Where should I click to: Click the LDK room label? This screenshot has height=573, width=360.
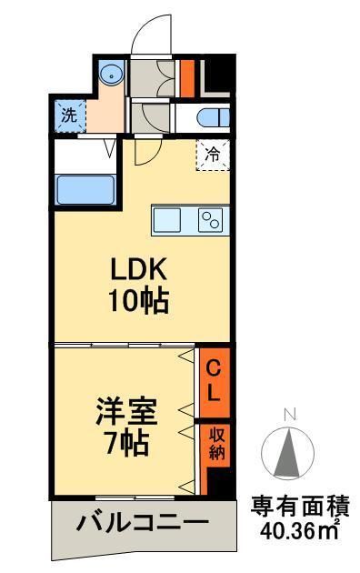coord(139,270)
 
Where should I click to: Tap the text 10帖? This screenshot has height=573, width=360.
coord(139,301)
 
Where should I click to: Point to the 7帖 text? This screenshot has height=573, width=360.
coord(125,445)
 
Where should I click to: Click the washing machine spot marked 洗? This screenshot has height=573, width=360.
coord(68,115)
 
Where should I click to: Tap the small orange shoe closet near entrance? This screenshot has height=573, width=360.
coord(186,78)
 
